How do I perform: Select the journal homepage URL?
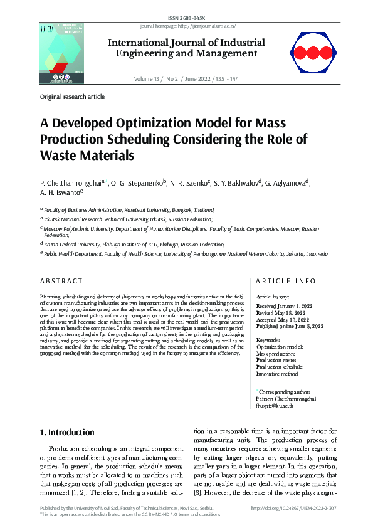coord(186,26)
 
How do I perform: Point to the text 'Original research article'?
coord(72,97)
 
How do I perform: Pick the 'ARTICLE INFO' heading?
coord(286,281)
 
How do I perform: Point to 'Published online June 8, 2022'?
coord(290,326)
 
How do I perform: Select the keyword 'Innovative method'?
coord(277,374)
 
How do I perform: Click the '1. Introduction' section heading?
coord(67,432)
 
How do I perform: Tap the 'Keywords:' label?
coord(269,340)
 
